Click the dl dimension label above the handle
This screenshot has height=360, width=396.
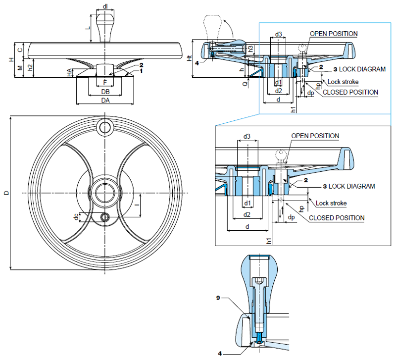pyautogui.click(x=105, y=6)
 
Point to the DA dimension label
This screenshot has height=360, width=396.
pyautogui.click(x=105, y=100)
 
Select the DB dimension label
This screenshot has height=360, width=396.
pyautogui.click(x=105, y=92)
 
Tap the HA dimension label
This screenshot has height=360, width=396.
pyautogui.click(x=70, y=72)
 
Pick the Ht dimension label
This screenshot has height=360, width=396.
pyautogui.click(x=190, y=58)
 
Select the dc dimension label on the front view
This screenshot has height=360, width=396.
pyautogui.click(x=76, y=217)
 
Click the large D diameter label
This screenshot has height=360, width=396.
pyautogui.click(x=5, y=192)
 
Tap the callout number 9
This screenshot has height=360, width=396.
pyautogui.click(x=218, y=298)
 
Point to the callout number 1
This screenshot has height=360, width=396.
pyautogui.click(x=141, y=71)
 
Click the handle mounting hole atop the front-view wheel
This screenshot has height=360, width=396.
pyautogui.click(x=105, y=127)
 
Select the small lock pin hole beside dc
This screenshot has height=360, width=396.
pyautogui.click(x=105, y=217)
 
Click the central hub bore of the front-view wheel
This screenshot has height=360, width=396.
pyautogui.click(x=105, y=192)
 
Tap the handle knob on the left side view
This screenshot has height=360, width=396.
pyautogui.click(x=105, y=22)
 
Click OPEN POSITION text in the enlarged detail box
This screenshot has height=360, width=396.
pyautogui.click(x=315, y=136)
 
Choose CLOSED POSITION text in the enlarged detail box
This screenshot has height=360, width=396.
pyautogui.click(x=337, y=218)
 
